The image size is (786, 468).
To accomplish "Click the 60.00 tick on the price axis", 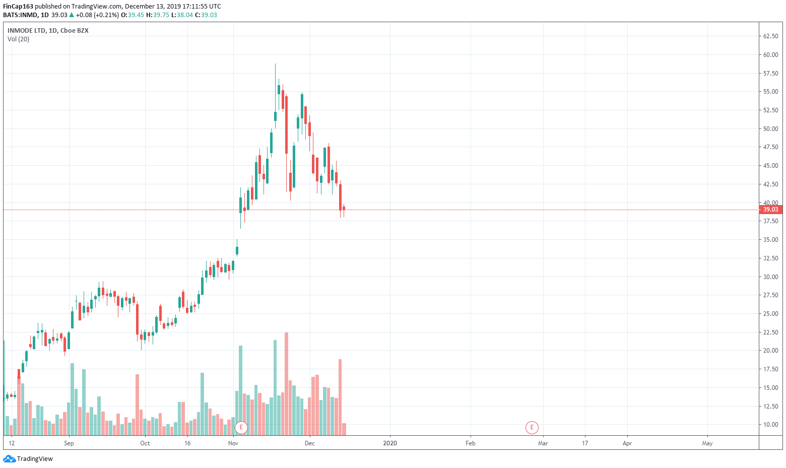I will [x=770, y=55].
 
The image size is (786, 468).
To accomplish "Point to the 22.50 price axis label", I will [x=770, y=332].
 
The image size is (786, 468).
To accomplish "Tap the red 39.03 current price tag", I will [x=770, y=210].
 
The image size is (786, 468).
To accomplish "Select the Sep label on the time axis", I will [x=69, y=443].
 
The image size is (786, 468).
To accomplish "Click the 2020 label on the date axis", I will [x=390, y=443].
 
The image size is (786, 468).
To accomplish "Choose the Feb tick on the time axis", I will [x=470, y=443].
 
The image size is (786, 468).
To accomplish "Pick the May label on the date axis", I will [x=707, y=443].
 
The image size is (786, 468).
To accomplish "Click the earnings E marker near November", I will [x=241, y=428].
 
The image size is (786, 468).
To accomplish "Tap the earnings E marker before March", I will [x=532, y=428].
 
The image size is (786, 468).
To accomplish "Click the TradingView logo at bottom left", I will [x=28, y=459].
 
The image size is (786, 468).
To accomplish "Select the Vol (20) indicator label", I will [x=19, y=39].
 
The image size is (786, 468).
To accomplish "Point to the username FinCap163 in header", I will [x=18, y=7].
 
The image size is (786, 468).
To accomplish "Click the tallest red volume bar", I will [x=286, y=383].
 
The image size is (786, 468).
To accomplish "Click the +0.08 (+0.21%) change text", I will [x=97, y=15].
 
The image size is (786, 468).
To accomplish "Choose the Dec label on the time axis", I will [x=309, y=443].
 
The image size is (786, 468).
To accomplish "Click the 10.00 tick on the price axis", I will [x=770, y=425].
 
